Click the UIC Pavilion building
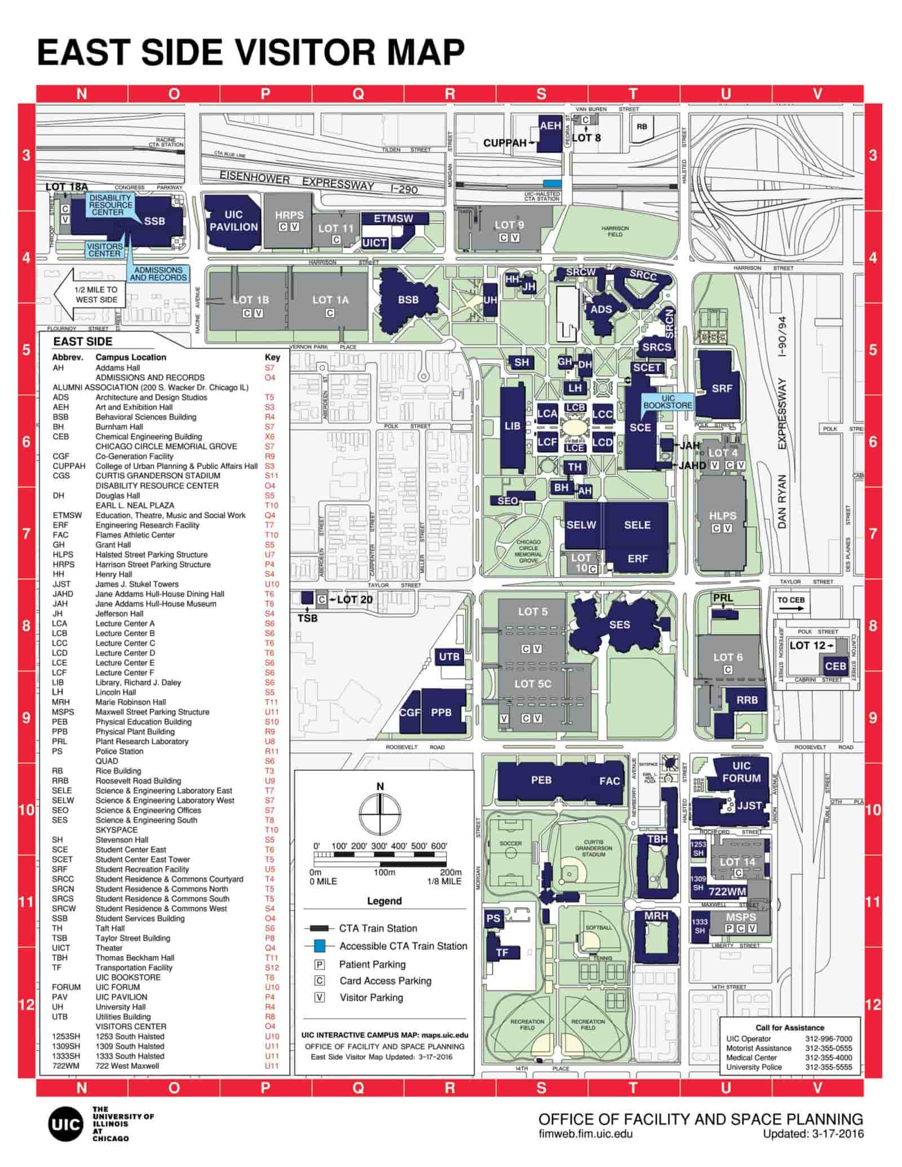tap(233, 221)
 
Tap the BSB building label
tap(408, 300)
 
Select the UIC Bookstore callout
tap(668, 401)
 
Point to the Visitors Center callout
tap(105, 250)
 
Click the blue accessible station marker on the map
tap(552, 183)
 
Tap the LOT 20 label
tap(355, 599)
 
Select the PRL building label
tap(723, 598)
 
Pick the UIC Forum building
tap(741, 772)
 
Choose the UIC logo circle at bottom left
tap(65, 1124)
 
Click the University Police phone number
tap(829, 1067)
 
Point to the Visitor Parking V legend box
tap(320, 997)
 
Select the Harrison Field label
tap(615, 231)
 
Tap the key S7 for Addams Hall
tap(269, 368)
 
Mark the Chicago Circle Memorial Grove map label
tap(528, 551)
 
